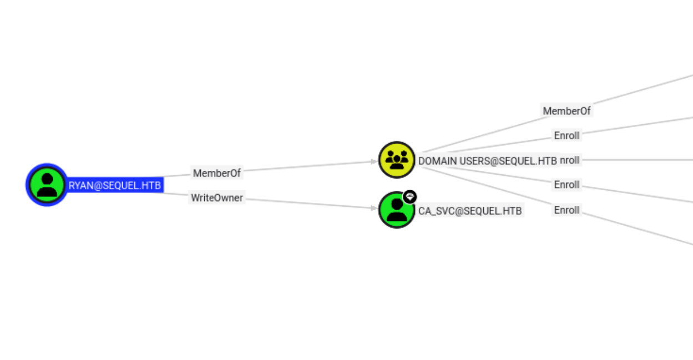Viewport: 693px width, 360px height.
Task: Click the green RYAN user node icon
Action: point(47,185)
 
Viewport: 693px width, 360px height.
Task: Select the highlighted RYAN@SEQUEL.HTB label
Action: point(115,186)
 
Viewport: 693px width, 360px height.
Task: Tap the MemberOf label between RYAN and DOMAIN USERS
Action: point(217,173)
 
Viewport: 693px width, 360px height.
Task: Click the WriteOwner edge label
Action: point(217,197)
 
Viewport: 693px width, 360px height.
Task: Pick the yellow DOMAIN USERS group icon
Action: point(397,160)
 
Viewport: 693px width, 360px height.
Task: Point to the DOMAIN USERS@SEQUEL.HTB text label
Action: point(487,161)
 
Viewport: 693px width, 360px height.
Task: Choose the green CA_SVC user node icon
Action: point(396,210)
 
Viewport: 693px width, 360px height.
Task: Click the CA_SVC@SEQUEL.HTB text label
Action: point(470,211)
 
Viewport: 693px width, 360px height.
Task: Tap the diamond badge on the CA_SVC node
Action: point(409,196)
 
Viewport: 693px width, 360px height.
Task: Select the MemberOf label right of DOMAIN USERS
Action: point(566,111)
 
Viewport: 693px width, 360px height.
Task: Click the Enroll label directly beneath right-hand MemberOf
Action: point(566,135)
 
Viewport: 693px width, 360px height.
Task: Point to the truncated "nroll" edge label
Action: point(570,160)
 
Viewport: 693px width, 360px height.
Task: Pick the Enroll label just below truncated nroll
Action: point(566,185)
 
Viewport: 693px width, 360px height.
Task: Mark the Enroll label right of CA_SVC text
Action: point(566,210)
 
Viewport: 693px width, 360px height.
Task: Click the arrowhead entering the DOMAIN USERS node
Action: point(375,162)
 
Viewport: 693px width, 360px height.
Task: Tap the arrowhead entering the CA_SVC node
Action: point(375,208)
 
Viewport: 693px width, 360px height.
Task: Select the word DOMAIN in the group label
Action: point(437,161)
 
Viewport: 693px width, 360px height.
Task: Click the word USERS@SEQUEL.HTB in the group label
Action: point(508,161)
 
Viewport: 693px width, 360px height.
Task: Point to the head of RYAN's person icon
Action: point(47,179)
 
